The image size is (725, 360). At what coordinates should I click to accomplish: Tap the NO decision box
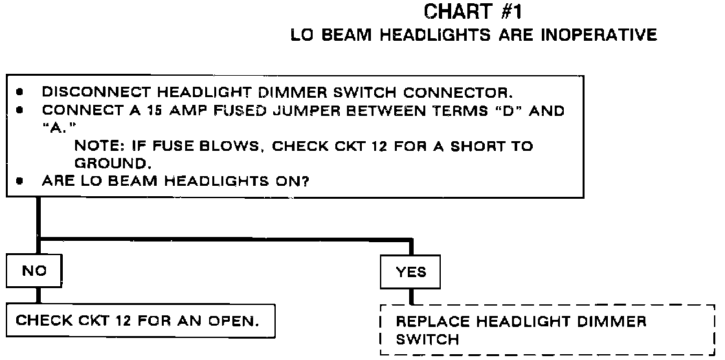(35, 272)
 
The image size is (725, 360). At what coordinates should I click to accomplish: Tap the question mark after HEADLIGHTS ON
(304, 182)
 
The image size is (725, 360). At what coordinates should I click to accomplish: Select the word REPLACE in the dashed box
(429, 321)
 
